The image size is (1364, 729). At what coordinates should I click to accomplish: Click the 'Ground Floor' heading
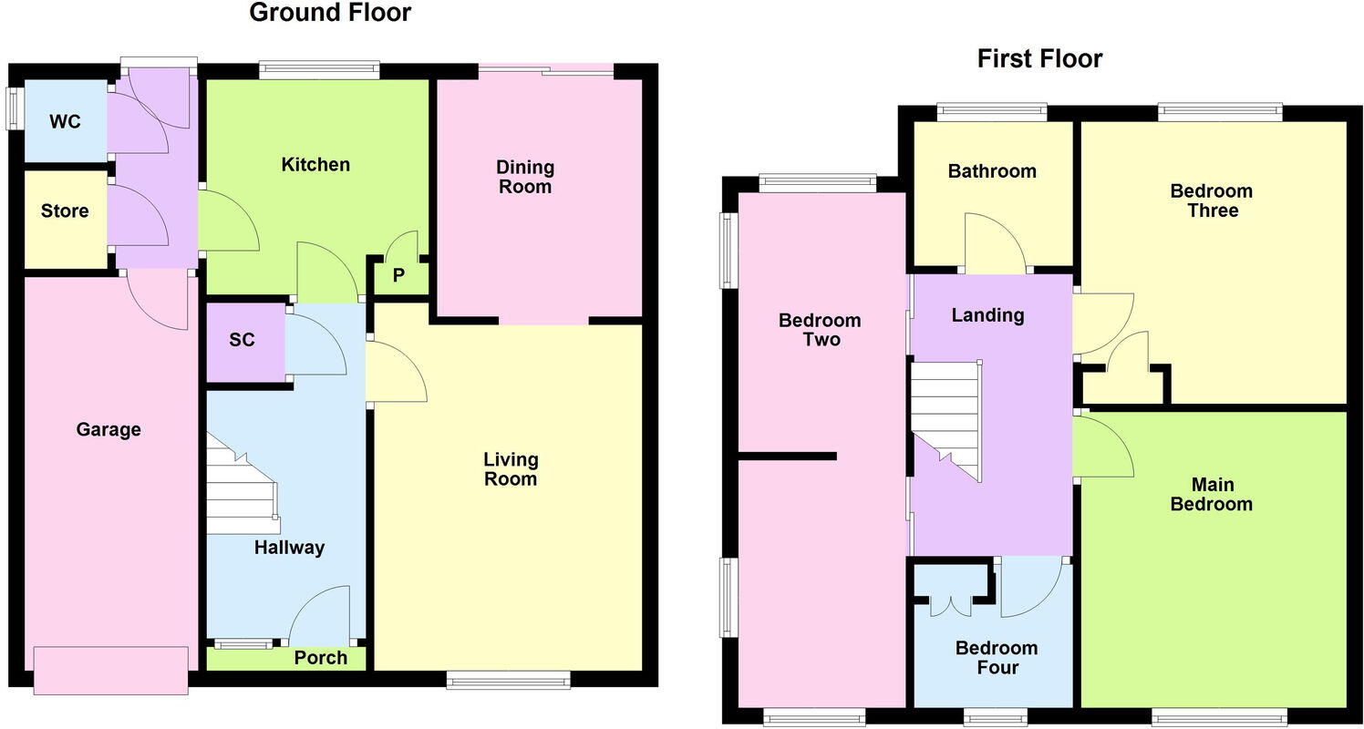[329, 13]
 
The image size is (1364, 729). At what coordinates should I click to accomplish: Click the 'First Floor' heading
[1039, 59]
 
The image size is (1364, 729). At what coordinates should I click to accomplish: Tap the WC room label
[65, 121]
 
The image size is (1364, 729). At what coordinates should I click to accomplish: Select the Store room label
[65, 211]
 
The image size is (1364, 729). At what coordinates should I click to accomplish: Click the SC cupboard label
[242, 341]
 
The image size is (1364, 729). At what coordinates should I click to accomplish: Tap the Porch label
[321, 658]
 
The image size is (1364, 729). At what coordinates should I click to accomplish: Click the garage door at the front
[110, 671]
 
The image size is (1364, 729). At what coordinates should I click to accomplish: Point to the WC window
[14, 109]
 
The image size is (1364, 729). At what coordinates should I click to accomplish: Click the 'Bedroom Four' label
[996, 658]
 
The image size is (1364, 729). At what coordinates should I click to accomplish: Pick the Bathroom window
[992, 111]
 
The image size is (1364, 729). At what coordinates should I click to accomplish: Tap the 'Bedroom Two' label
[807, 330]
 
